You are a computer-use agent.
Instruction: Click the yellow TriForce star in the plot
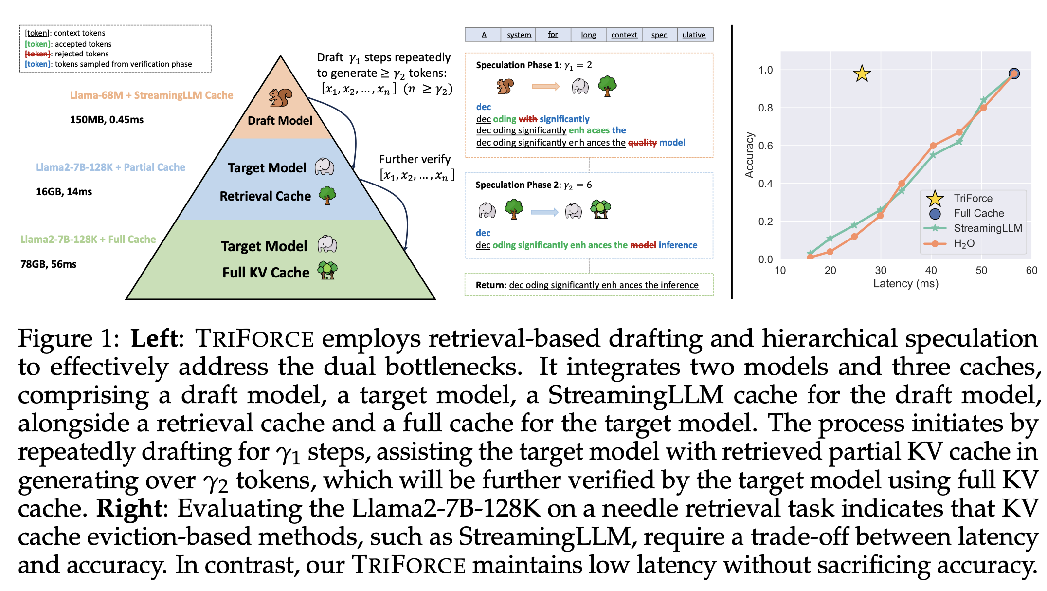[x=862, y=74]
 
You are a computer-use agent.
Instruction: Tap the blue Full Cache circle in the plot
[x=1014, y=74]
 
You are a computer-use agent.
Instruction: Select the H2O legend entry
[x=964, y=243]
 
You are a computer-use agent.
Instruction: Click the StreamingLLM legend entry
[x=987, y=228]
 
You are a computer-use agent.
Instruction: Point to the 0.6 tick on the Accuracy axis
[x=765, y=146]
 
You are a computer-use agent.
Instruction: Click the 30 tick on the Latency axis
[x=881, y=270]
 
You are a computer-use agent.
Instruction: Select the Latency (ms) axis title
[x=905, y=284]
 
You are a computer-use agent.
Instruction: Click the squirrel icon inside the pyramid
[x=281, y=97]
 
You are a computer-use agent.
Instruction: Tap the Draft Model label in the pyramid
[x=280, y=121]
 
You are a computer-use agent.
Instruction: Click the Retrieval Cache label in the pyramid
[x=265, y=196]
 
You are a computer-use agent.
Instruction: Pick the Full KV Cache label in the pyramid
[x=266, y=273]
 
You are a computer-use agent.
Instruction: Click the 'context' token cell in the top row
[x=624, y=35]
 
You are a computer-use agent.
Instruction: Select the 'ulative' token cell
[x=694, y=35]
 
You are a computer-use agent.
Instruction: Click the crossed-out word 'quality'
[x=642, y=143]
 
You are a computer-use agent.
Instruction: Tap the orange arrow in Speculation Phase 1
[x=545, y=87]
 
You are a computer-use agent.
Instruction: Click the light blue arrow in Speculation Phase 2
[x=544, y=212]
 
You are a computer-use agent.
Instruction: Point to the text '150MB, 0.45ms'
[x=107, y=120]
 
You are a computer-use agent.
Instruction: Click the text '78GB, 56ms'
[x=48, y=264]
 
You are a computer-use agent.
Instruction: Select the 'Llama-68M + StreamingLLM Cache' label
[x=151, y=95]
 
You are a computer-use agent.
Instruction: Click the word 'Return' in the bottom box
[x=490, y=285]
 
